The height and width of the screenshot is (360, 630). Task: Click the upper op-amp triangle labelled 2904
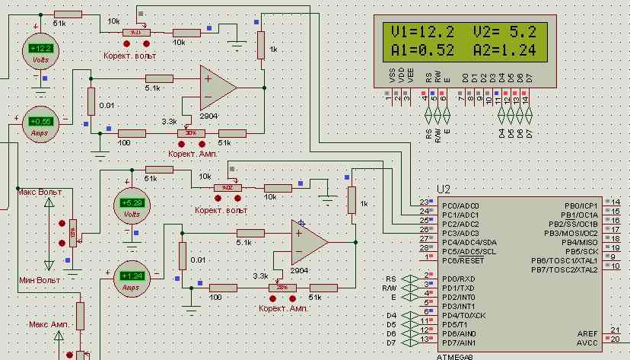(x=216, y=87)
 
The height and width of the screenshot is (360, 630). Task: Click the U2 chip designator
(x=445, y=189)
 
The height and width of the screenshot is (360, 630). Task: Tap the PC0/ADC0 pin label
(x=460, y=205)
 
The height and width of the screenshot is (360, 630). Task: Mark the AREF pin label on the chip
(x=588, y=333)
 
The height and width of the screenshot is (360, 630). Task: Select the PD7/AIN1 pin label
(x=460, y=342)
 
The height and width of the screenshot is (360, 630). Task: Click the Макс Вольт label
(x=40, y=192)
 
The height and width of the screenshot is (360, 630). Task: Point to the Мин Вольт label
(x=39, y=281)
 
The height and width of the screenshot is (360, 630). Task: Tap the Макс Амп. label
(x=49, y=323)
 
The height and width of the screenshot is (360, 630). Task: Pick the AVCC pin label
(x=588, y=342)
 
